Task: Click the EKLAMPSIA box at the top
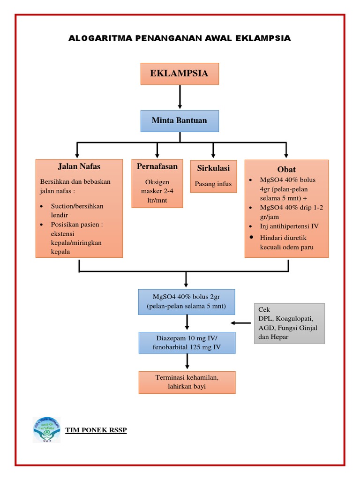(x=180, y=74)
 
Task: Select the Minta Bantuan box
(x=180, y=121)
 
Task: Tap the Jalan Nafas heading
(x=79, y=166)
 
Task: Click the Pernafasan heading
(x=157, y=166)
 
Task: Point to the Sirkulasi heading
(x=213, y=168)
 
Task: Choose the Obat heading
(x=286, y=169)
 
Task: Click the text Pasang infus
(x=213, y=184)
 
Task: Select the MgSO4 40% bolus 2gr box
(x=187, y=301)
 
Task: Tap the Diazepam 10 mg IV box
(x=187, y=343)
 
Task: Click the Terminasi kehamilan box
(x=187, y=382)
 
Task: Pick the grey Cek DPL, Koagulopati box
(x=289, y=323)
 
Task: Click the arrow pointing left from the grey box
(x=241, y=322)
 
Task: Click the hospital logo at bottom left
(x=46, y=429)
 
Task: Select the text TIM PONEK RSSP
(x=96, y=430)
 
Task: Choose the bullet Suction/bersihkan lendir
(x=77, y=210)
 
